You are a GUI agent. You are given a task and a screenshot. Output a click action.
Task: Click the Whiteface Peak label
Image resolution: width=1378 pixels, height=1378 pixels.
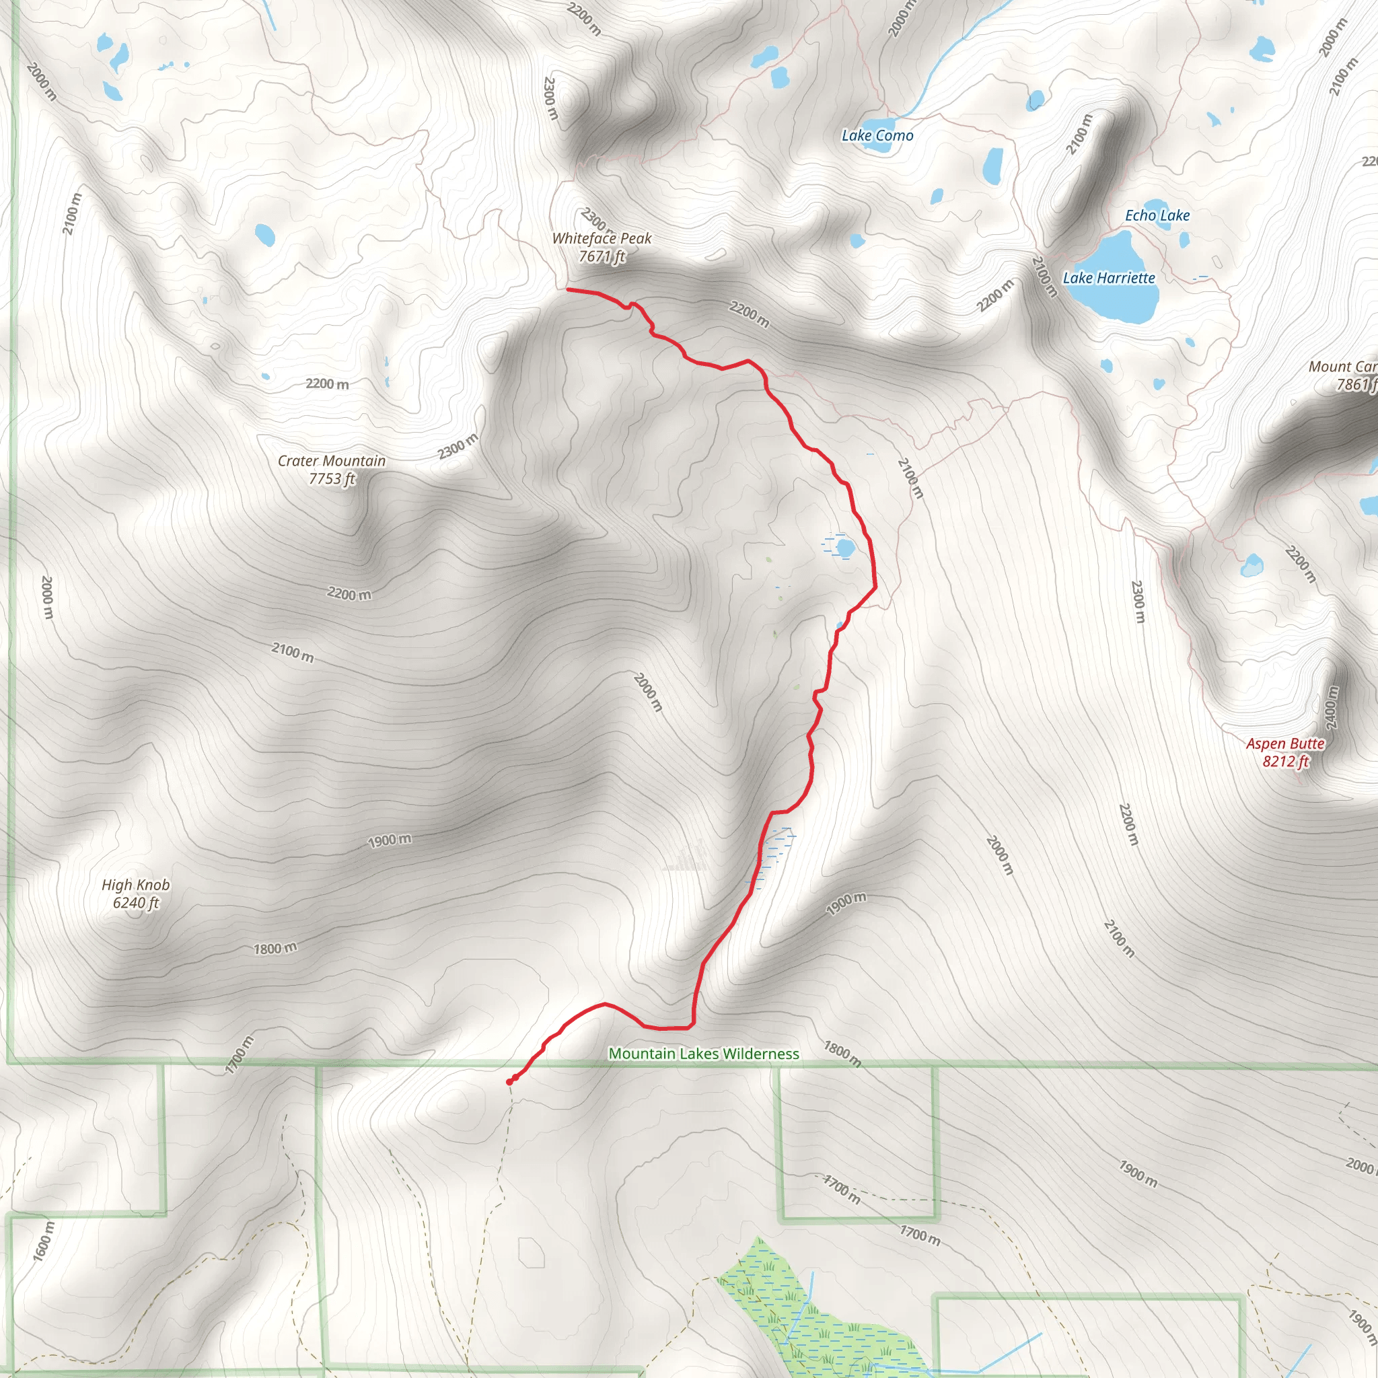click(602, 238)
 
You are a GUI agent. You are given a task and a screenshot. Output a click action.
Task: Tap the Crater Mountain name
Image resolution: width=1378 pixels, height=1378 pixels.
click(332, 461)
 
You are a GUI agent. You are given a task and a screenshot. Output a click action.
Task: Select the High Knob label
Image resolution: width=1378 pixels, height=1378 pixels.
click(135, 884)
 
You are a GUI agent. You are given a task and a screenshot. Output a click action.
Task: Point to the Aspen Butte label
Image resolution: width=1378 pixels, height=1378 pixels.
click(1285, 744)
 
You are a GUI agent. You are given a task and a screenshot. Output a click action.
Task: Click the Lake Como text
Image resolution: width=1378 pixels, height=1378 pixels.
click(877, 135)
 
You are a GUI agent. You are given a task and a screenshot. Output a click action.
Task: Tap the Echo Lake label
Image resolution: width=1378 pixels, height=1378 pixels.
click(1157, 215)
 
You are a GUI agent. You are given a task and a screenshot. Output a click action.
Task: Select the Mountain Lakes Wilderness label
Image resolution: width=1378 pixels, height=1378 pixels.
click(703, 1054)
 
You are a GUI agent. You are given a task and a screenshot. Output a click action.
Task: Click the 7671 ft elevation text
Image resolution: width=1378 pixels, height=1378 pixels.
click(602, 256)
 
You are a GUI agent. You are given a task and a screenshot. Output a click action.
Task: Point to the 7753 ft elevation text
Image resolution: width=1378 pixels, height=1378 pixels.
click(332, 478)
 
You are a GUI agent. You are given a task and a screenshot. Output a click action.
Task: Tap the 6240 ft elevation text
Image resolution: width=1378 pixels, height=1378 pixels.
click(135, 902)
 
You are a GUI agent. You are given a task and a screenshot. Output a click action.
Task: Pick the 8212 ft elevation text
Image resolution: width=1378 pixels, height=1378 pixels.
click(1285, 761)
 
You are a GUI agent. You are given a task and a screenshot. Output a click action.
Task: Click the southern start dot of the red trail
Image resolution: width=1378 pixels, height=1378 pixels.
click(509, 1082)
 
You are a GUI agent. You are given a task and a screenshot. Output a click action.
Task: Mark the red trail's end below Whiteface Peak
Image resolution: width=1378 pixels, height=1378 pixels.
click(568, 289)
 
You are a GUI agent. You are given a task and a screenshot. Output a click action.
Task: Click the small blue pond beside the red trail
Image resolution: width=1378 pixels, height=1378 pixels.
click(845, 548)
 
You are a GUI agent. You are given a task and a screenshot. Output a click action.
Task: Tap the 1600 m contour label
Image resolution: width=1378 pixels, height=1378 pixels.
click(43, 1241)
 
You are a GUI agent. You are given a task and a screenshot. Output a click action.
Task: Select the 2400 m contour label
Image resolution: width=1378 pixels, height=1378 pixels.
click(1331, 708)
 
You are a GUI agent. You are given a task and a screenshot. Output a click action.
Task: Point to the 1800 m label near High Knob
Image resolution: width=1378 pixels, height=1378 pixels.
click(275, 949)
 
